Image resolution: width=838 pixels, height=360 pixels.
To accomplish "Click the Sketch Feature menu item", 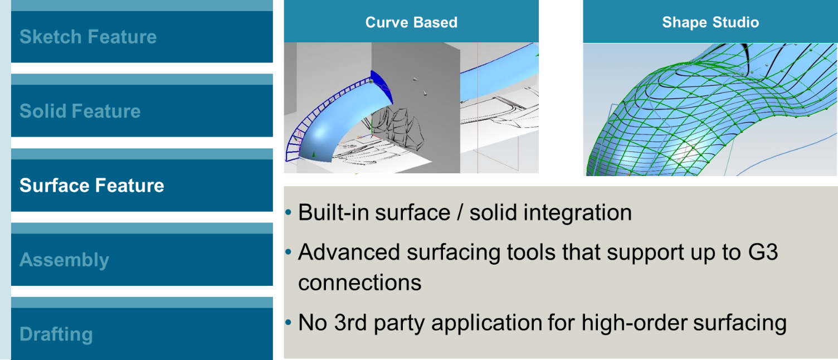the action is [x=88, y=37].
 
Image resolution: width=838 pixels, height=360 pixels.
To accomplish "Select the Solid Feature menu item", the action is [x=80, y=111].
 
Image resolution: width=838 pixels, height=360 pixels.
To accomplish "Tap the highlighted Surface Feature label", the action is [x=91, y=185].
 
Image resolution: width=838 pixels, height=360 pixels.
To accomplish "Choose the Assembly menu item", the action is [x=64, y=260].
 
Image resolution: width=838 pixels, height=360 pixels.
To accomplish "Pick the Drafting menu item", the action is [x=56, y=334].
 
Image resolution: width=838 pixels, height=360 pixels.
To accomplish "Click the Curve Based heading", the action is [x=411, y=22].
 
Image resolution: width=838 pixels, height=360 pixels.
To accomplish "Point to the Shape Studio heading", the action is [x=710, y=22].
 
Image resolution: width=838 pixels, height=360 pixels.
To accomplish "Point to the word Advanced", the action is [x=349, y=252].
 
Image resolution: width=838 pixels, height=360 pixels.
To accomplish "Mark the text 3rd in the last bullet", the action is [x=350, y=322].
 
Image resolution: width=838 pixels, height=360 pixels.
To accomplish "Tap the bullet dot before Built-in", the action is [x=288, y=213].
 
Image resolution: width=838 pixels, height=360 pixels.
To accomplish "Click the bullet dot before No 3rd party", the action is [x=288, y=323].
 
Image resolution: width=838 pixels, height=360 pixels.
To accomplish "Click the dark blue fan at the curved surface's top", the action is [x=382, y=86].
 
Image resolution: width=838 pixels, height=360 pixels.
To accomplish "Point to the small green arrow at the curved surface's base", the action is [x=314, y=154].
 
